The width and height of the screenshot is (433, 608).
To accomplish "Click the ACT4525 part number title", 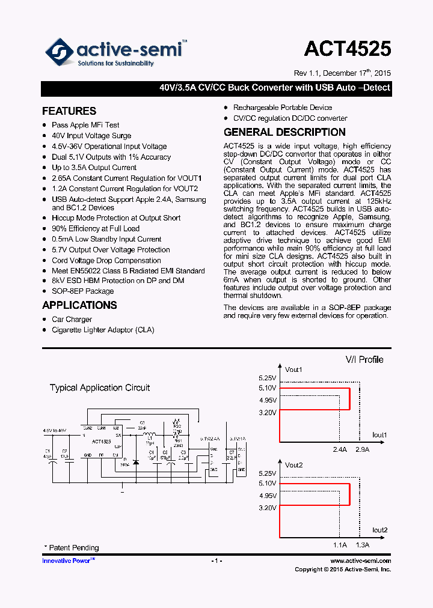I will (x=347, y=49).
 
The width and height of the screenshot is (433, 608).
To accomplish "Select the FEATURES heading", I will (x=69, y=111).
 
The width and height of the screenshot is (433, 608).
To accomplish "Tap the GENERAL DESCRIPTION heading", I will (x=284, y=132).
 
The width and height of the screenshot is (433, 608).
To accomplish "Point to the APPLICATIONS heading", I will (x=79, y=305).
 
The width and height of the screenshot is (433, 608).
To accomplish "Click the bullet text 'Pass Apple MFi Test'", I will (x=85, y=125).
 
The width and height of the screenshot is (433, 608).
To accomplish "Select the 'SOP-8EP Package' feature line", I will (x=82, y=291).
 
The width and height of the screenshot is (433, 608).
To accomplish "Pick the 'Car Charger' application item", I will (x=72, y=320).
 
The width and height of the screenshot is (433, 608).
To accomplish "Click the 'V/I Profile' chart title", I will (x=364, y=359).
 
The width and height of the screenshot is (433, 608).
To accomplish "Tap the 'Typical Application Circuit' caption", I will (x=100, y=388).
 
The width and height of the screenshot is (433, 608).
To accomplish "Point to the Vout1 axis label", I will (x=293, y=369).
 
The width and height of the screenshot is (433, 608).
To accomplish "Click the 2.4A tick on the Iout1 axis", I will (x=340, y=449).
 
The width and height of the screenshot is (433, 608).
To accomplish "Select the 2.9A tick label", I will (x=363, y=449).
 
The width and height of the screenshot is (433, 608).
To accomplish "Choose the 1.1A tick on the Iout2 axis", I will (x=340, y=545).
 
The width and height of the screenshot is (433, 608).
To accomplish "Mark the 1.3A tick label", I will (x=363, y=545).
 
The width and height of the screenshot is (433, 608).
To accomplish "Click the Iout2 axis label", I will (x=379, y=530).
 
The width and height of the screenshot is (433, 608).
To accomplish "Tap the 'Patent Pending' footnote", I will (x=73, y=548).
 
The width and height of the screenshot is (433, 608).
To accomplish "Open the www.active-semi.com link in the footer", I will (x=360, y=561).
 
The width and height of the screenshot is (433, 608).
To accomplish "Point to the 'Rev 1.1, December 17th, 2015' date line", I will (x=342, y=73).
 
